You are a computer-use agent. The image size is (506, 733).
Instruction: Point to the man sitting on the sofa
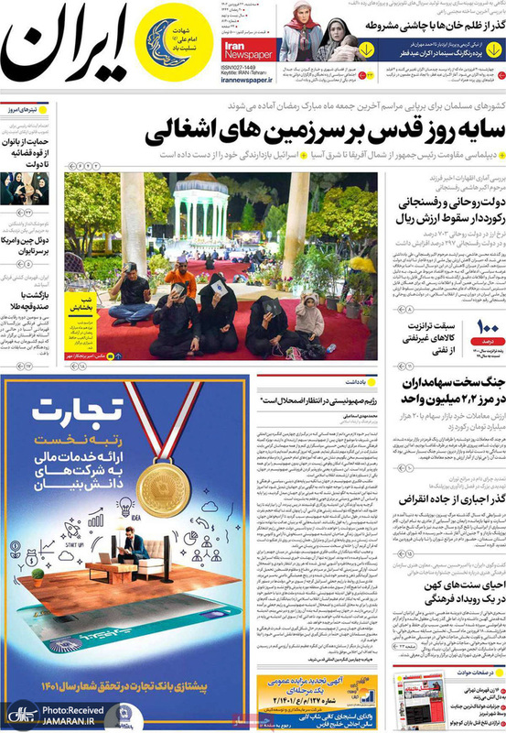tap(132, 552)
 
